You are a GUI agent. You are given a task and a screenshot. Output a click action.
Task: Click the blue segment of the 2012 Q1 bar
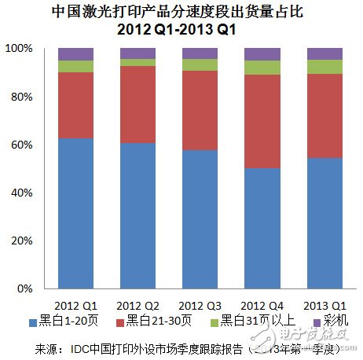coord(75,212)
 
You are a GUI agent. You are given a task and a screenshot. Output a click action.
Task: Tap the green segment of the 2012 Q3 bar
coord(200,64)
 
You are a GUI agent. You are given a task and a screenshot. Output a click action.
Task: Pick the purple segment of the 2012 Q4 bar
coord(262,53)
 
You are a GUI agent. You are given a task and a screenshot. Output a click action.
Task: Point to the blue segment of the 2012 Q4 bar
coord(262,228)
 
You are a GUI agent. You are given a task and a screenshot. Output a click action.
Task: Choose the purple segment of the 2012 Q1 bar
coord(75,53)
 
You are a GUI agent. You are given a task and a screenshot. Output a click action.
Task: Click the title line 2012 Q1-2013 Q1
coord(181,29)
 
